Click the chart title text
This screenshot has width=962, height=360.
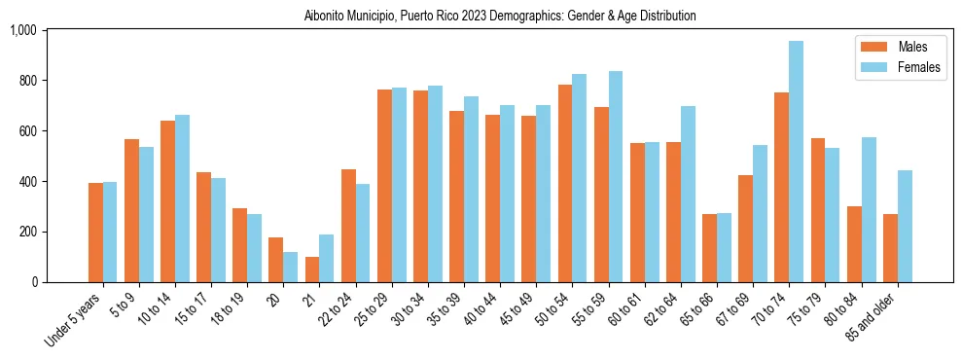pos(500,17)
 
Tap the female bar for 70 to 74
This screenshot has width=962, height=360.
pos(796,162)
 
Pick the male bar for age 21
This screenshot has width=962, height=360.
pos(312,270)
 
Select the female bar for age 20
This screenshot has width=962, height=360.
pos(290,268)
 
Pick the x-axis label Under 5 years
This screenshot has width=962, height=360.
pos(77,315)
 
